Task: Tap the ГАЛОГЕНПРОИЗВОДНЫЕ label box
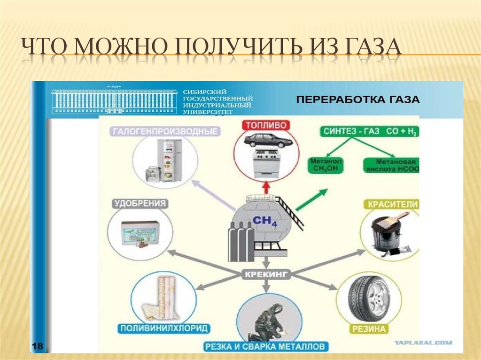click(x=165, y=131)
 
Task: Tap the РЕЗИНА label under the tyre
click(x=369, y=329)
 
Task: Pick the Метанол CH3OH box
click(x=326, y=165)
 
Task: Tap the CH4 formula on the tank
click(x=265, y=221)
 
